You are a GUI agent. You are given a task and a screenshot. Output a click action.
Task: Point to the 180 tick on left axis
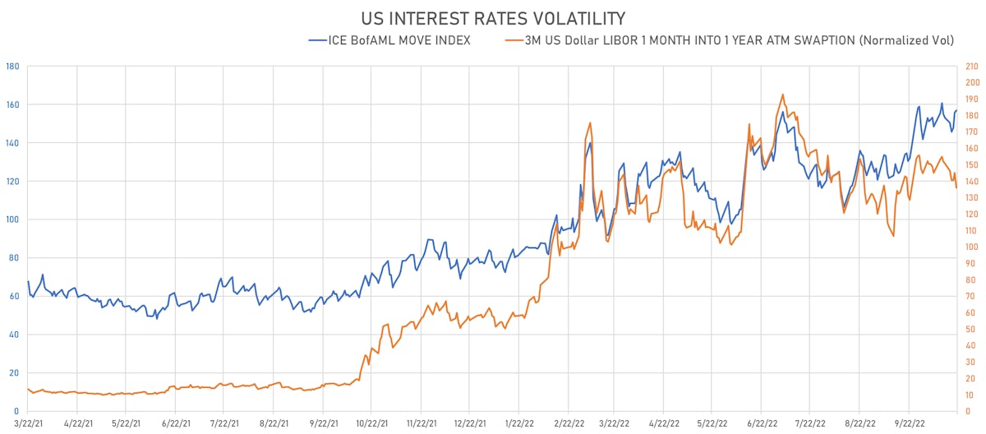(12, 66)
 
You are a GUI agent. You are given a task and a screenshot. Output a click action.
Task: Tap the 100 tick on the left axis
(12, 219)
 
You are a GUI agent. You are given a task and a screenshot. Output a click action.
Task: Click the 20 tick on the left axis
(14, 372)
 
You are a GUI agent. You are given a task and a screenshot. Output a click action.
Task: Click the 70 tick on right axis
(971, 296)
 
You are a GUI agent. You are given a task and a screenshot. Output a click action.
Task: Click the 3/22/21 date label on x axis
(27, 425)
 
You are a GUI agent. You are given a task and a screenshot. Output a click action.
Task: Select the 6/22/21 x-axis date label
(176, 425)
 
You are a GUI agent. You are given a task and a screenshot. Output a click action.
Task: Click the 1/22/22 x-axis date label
(519, 425)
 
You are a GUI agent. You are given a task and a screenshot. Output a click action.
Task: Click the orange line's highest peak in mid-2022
(782, 94)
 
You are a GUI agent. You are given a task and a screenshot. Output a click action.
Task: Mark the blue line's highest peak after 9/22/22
(942, 104)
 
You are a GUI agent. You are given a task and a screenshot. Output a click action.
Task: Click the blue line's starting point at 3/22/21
(28, 282)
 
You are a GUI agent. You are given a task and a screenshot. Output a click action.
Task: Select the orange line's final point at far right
(956, 188)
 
